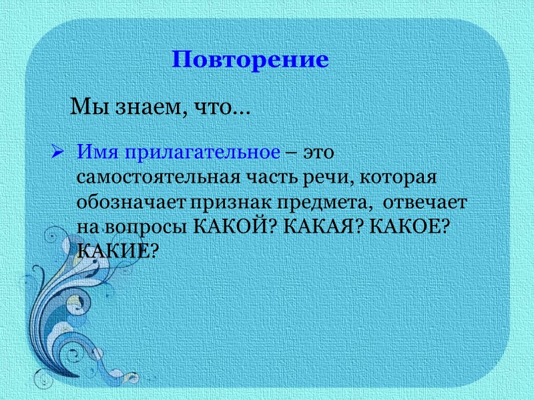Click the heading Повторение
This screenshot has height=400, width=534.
pos(250,59)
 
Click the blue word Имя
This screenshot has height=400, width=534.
pos(95,152)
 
